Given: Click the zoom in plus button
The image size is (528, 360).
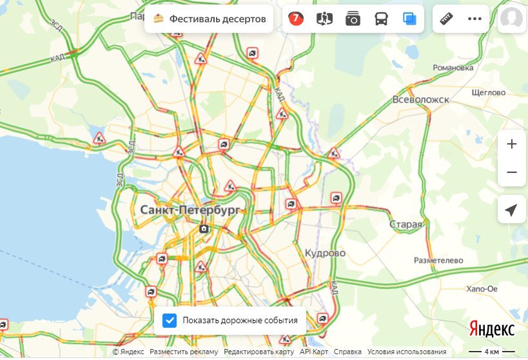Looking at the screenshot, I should (x=512, y=144).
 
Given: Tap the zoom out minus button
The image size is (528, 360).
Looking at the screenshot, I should (x=512, y=172).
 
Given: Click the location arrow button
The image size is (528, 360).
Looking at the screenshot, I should (x=512, y=210).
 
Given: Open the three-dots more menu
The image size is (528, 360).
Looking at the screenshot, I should (x=475, y=19).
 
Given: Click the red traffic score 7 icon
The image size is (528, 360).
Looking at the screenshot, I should (x=295, y=19).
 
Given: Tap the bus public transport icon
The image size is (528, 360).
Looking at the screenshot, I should (x=381, y=19).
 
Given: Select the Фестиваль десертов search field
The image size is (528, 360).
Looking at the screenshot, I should (x=210, y=19).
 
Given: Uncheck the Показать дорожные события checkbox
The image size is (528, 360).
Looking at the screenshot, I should (x=170, y=320).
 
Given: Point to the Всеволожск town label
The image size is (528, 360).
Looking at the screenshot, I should (x=421, y=100).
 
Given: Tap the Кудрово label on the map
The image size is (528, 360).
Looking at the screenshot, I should (x=326, y=253).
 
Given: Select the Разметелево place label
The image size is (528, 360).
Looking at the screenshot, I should (x=438, y=260).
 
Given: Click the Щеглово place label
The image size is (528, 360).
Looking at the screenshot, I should (x=488, y=92).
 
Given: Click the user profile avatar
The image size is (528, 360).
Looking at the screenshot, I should (x=511, y=19).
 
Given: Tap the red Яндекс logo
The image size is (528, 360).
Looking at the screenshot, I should (x=491, y=329).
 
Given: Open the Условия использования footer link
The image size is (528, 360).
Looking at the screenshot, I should (x=407, y=352).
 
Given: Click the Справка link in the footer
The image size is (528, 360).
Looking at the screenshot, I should (x=347, y=352).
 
